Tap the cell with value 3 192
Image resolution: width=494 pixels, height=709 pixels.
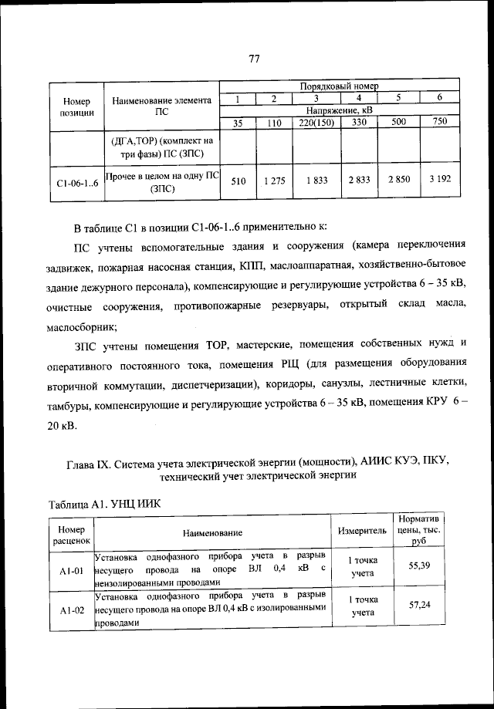point(439,181)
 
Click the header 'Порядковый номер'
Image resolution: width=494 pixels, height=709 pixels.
point(339,86)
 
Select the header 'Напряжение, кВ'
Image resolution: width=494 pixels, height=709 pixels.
point(339,110)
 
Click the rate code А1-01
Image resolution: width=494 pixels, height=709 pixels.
point(70,571)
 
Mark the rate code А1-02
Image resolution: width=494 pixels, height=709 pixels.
point(70,610)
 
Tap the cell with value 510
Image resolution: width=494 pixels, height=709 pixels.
point(239,181)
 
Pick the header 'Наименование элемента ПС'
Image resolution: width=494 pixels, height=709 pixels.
point(161,105)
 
